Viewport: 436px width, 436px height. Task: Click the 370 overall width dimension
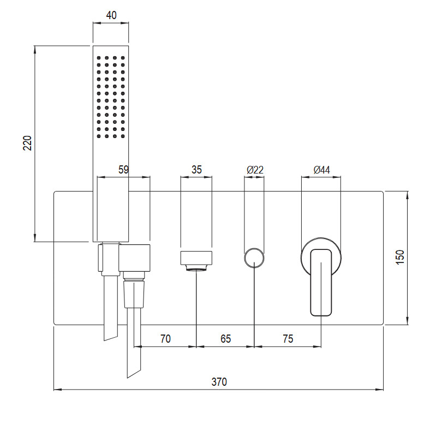(x=219, y=382)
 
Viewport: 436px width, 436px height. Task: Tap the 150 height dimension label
(x=400, y=257)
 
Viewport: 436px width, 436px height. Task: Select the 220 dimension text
(x=27, y=143)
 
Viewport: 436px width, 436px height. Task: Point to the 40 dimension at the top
(x=111, y=15)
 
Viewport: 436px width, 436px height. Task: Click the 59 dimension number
(x=123, y=169)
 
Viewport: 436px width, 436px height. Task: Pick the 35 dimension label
(x=196, y=169)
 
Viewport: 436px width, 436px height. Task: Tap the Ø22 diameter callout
(x=255, y=169)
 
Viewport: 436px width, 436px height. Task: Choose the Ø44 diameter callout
(x=322, y=169)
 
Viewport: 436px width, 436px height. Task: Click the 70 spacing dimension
(x=165, y=339)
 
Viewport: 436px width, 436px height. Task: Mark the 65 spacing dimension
(x=225, y=339)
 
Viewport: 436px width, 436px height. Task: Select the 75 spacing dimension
(x=288, y=339)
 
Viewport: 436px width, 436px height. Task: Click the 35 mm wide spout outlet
(x=196, y=258)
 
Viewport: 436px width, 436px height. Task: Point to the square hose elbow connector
(x=135, y=258)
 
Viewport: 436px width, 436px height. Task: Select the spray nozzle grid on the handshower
(x=111, y=97)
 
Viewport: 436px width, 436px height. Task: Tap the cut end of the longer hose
(x=134, y=373)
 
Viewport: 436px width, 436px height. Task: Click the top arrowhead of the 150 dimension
(x=408, y=195)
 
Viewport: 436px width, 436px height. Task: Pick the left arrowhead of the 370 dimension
(x=57, y=390)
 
